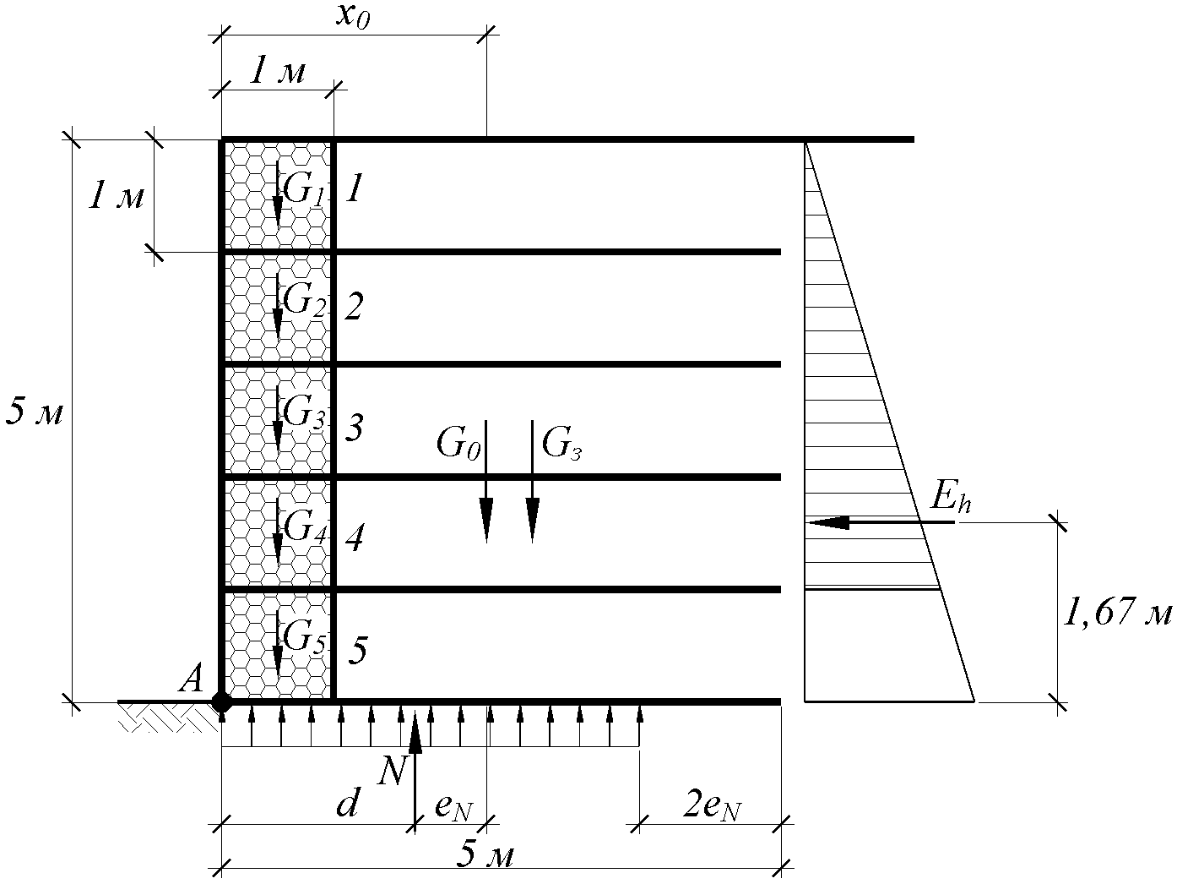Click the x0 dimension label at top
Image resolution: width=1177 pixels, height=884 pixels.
point(353,16)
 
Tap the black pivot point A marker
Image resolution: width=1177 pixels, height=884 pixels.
point(221,701)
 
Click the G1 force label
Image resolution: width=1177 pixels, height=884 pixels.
point(303,189)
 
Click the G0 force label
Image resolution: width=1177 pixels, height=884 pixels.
point(458,444)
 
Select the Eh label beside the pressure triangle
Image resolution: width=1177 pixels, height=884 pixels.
point(951,498)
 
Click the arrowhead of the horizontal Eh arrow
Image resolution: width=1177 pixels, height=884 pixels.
point(829,522)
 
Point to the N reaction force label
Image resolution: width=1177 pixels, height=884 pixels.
point(392,772)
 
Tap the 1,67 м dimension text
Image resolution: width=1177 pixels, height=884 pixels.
point(1118,614)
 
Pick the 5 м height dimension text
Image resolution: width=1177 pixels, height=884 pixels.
point(35,412)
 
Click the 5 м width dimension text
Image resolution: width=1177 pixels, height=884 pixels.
point(485,855)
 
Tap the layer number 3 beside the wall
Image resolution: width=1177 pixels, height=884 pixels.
point(355,428)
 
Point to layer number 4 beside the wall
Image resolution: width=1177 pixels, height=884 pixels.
point(355,537)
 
